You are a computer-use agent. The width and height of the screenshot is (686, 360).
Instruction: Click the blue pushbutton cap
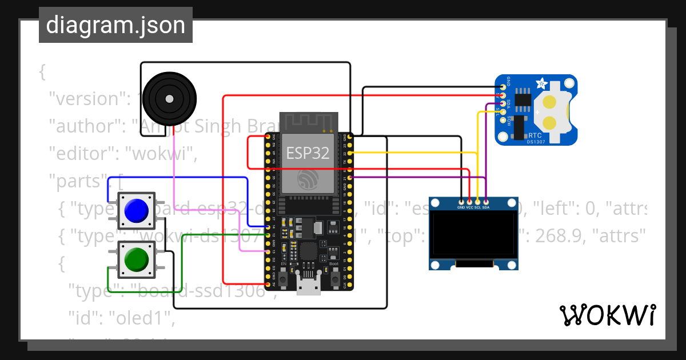coord(137,211)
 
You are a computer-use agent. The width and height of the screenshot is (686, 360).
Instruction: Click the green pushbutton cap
coord(137,259)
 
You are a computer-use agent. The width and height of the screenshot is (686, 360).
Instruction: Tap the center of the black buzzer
coord(169,99)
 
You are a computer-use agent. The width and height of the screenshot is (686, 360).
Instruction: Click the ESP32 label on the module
coord(308,153)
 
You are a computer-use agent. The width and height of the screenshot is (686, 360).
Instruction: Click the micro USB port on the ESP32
coord(309,284)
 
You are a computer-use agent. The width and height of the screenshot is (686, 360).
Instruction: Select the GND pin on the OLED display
coord(461,201)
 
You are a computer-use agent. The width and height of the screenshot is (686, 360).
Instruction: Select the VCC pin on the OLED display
coord(469,201)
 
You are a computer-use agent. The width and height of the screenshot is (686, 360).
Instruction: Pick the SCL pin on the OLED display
coord(477,201)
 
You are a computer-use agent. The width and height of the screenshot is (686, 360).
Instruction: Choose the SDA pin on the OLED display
coord(485,201)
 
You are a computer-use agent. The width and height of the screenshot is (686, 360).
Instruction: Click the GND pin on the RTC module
coord(503,87)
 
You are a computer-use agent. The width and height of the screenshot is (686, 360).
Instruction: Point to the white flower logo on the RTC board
coord(540,85)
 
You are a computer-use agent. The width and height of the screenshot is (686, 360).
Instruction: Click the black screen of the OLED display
coord(474,235)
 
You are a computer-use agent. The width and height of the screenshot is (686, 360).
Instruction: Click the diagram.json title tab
coord(115,25)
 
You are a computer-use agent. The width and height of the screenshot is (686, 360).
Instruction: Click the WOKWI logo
coord(607,315)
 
